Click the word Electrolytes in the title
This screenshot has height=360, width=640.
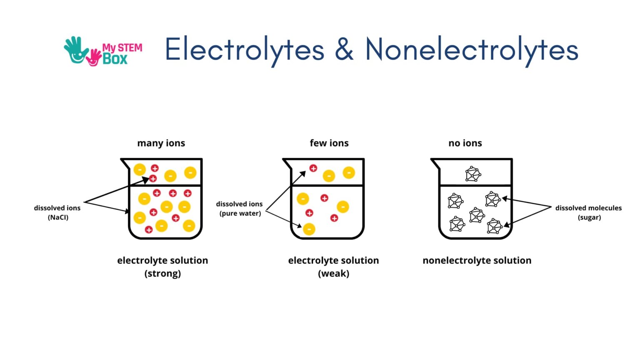(244, 50)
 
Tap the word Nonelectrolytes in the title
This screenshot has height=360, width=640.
(472, 50)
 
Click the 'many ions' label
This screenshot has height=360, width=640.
(161, 143)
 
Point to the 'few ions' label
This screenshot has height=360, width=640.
(329, 143)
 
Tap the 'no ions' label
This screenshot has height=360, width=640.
(465, 143)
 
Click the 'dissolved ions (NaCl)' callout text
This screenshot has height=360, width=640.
(57, 212)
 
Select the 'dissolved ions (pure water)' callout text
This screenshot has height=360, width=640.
(240, 209)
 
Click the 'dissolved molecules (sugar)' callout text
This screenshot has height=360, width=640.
(588, 212)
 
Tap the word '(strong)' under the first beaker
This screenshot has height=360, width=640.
(162, 274)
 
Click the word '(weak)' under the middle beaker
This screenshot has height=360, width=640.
(333, 274)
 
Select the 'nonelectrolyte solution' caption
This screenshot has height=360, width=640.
(477, 261)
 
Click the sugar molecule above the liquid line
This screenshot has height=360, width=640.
(473, 174)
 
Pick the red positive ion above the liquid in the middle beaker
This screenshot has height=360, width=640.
(313, 168)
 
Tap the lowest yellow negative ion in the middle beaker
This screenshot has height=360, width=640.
(309, 229)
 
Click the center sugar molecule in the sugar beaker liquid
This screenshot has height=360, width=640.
(477, 215)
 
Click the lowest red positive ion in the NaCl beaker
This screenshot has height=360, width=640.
(149, 230)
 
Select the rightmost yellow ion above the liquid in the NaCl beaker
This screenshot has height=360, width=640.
(190, 172)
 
